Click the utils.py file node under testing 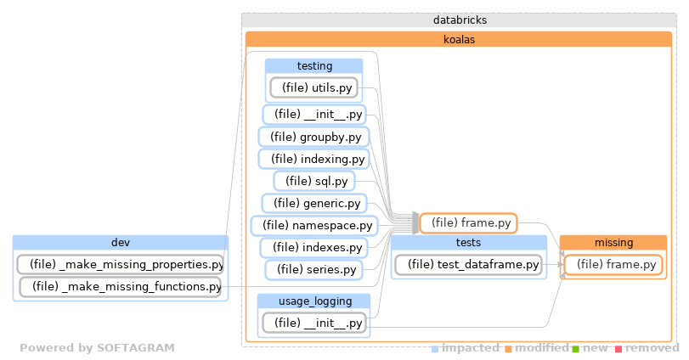point(313,87)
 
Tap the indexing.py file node point(313,159)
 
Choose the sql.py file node point(313,181)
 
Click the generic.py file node point(313,203)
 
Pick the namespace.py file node point(313,226)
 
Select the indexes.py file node point(313,248)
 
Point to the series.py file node point(313,269)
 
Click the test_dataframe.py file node point(468,265)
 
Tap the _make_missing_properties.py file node point(121,264)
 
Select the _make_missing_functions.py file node point(120,287)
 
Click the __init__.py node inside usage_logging point(313,323)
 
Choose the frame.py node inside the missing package point(612,265)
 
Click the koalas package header point(458,38)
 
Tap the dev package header point(121,242)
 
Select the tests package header point(468,243)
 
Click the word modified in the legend point(542,348)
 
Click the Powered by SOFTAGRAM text point(97,347)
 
